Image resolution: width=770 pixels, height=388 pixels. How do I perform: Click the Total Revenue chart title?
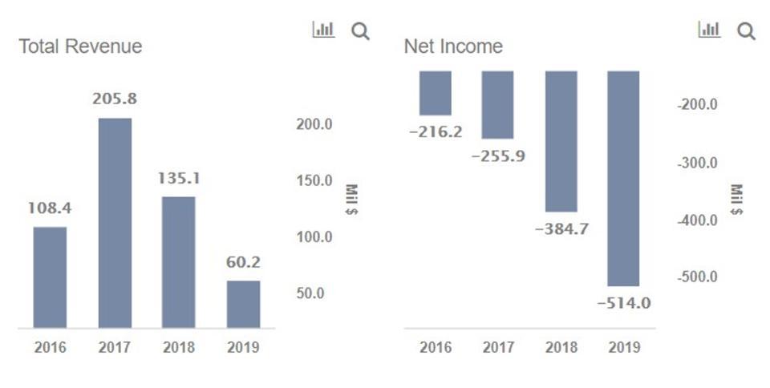tap(80, 46)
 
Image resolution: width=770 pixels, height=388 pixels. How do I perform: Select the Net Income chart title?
tap(453, 46)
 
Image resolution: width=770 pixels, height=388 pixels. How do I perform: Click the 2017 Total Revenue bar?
tap(115, 222)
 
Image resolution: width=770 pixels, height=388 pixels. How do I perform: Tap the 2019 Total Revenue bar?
tap(243, 304)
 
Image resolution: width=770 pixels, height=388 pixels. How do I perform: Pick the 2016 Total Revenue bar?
tap(50, 277)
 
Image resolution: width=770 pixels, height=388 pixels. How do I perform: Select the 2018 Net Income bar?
tap(561, 141)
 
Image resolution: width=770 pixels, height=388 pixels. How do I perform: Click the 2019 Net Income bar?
tap(623, 178)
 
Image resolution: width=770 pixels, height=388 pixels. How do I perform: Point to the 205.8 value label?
tap(115, 100)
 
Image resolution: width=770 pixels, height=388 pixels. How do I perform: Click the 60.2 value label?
tap(243, 262)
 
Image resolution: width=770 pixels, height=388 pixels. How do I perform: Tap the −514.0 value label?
tap(623, 304)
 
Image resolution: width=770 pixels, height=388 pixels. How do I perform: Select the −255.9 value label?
tap(497, 156)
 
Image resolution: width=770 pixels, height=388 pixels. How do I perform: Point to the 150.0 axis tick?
tap(314, 180)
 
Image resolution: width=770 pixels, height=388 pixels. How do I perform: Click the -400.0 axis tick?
tap(697, 220)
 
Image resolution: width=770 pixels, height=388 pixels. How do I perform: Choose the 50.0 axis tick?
tap(310, 293)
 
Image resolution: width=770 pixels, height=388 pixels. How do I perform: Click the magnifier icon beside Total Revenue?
tap(361, 31)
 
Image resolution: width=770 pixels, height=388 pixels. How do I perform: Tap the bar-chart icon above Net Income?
tap(709, 30)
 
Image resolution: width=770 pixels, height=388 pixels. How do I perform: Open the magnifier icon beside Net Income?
tap(746, 31)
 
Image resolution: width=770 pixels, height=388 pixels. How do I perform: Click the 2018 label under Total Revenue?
tap(178, 348)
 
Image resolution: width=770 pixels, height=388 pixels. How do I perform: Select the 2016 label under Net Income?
tap(436, 347)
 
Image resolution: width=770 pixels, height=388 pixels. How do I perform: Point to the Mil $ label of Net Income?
tap(737, 200)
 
